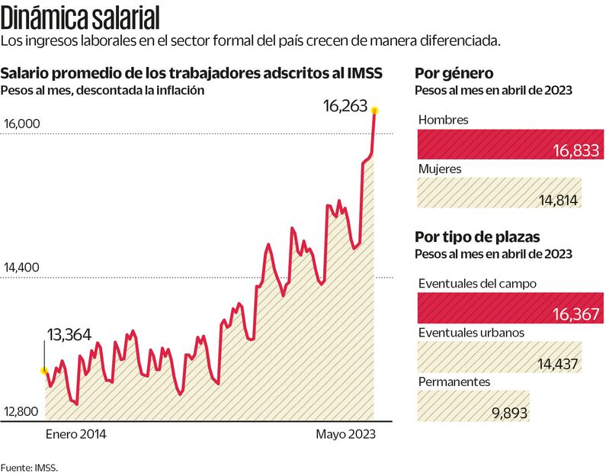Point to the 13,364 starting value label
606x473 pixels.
tap(69, 334)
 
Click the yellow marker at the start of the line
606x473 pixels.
tap(44, 371)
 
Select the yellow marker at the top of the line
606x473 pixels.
tap(374, 111)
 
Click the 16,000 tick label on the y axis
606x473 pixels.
tap(22, 124)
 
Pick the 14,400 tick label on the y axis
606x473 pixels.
tap(22, 268)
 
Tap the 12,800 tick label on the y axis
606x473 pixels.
tap(22, 412)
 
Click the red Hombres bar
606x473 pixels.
tap(509, 144)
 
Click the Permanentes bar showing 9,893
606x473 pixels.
tap(473, 406)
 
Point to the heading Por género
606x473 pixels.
tap(454, 73)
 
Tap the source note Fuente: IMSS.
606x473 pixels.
tap(29, 466)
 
